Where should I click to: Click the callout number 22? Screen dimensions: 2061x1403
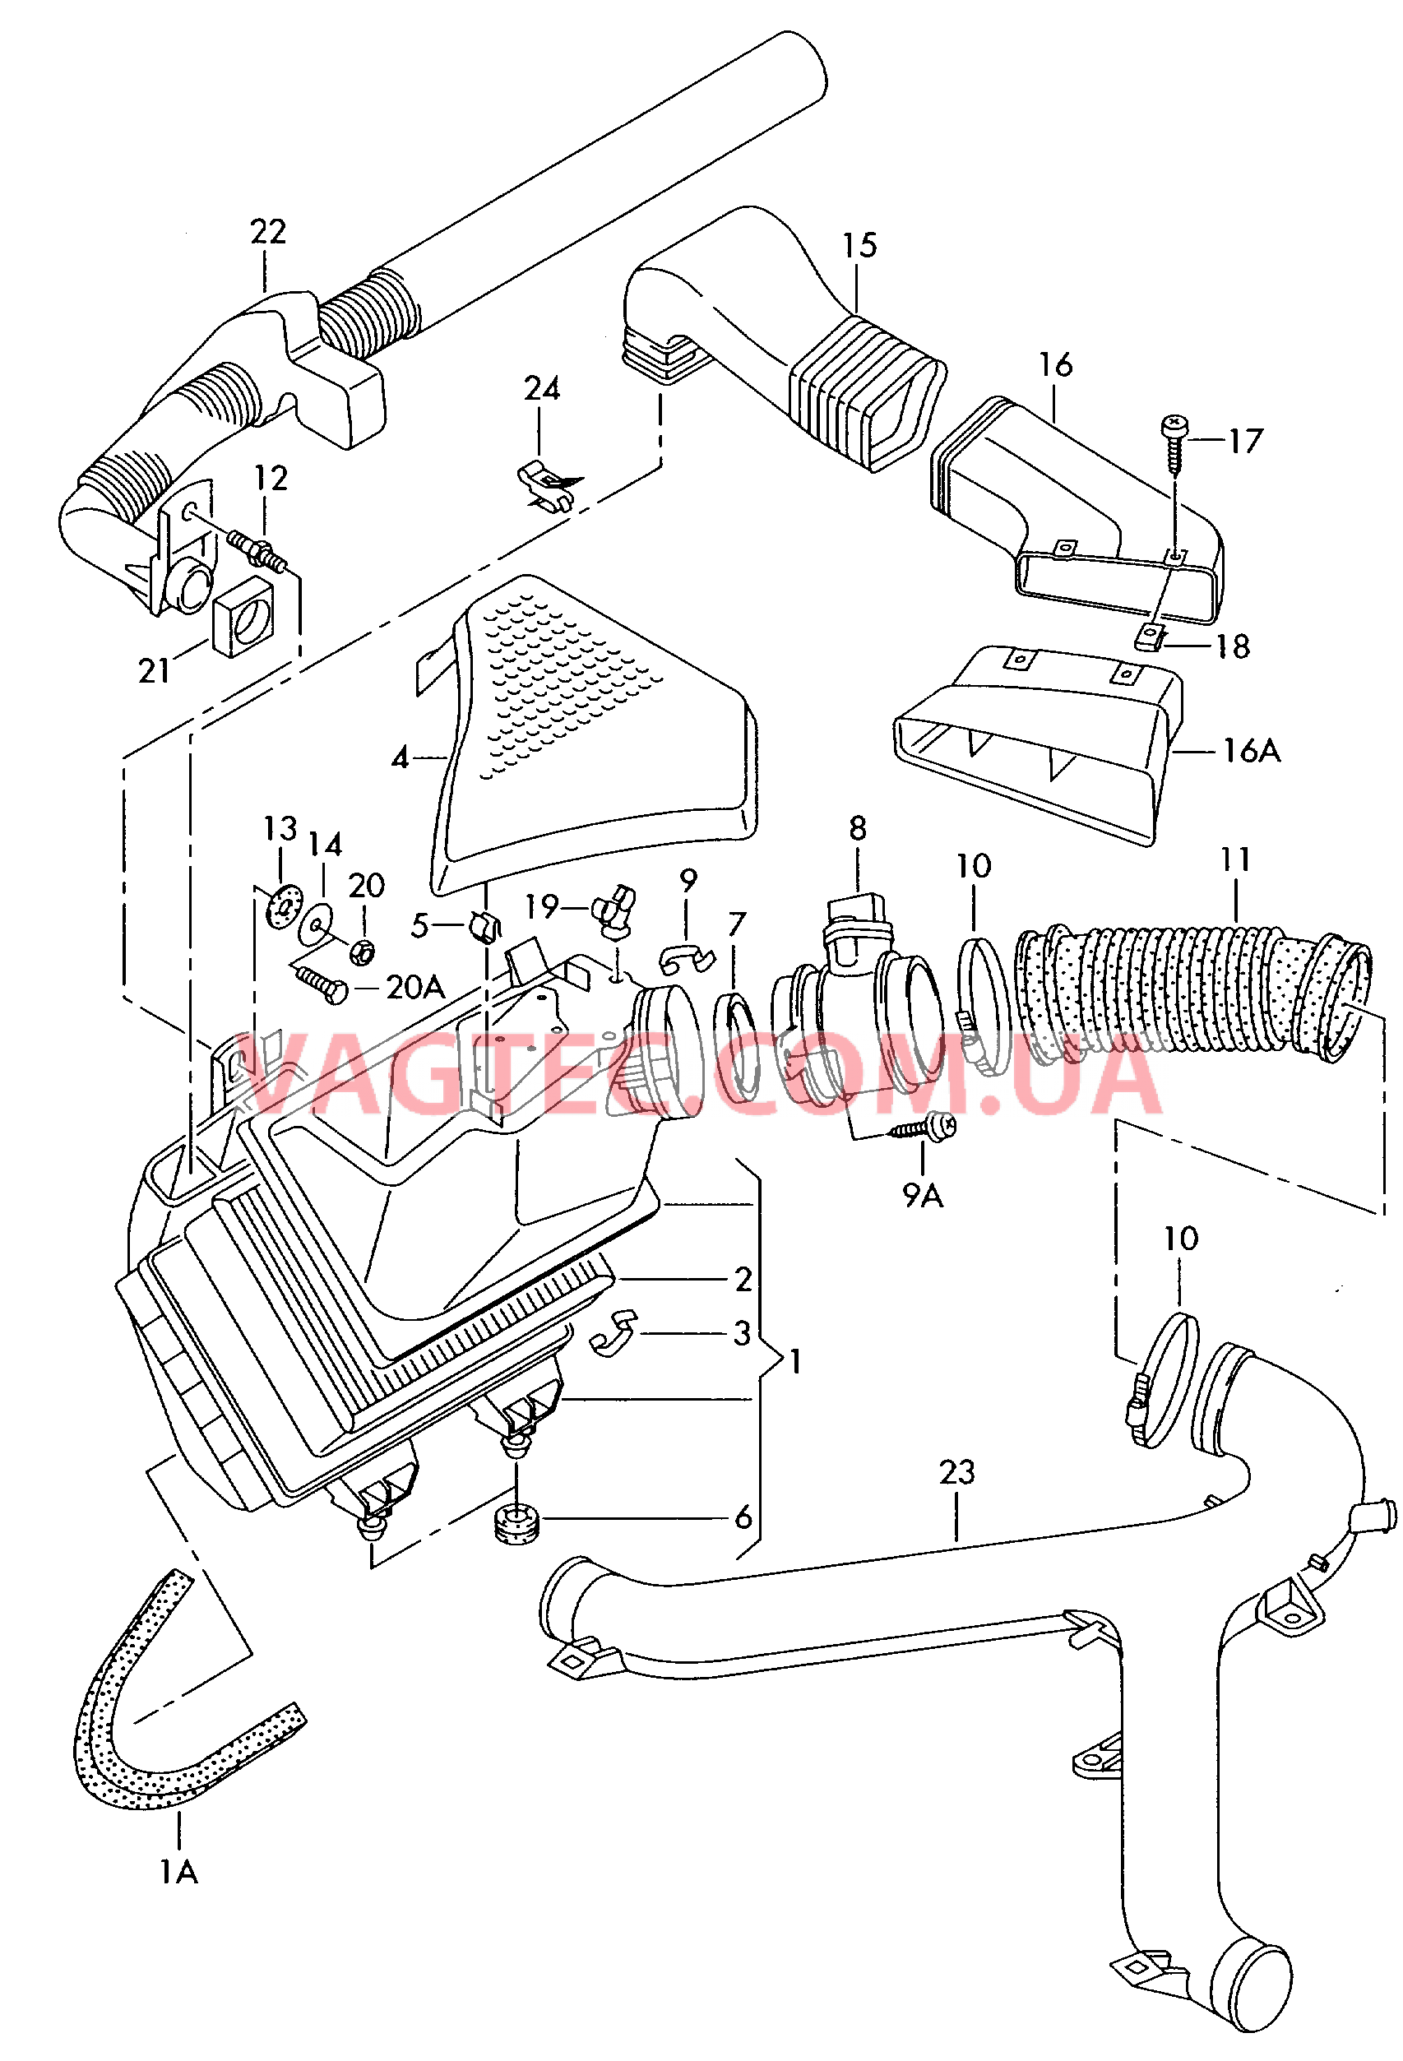[x=268, y=233]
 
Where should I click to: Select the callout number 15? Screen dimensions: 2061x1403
[x=859, y=246]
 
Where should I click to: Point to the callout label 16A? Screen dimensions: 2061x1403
[x=1252, y=751]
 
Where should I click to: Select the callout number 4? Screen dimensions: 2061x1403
[x=401, y=757]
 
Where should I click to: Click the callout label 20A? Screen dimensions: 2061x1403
[x=415, y=987]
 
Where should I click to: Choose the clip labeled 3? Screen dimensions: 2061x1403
[x=615, y=1333]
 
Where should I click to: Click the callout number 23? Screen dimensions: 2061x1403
[x=957, y=1472]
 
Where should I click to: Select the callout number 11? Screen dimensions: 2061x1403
[x=1234, y=859]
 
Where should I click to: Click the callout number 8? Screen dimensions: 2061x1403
[x=857, y=828]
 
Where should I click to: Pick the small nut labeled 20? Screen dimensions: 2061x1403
[x=363, y=953]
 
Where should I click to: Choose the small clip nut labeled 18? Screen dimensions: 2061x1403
[x=1150, y=636]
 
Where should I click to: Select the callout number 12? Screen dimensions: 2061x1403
[x=271, y=479]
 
